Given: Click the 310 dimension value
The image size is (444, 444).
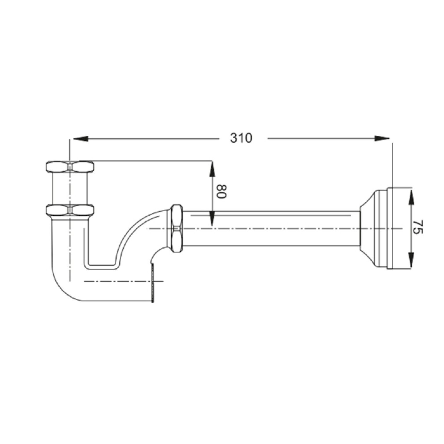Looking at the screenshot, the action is coord(241,138).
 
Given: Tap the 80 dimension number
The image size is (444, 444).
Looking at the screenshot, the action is coord(221,191).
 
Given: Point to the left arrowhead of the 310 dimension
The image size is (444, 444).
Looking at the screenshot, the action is coord(81,139).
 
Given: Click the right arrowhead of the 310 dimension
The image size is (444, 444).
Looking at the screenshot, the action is coord(382,139).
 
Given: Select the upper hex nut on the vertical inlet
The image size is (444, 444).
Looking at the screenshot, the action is coord(70,167).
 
